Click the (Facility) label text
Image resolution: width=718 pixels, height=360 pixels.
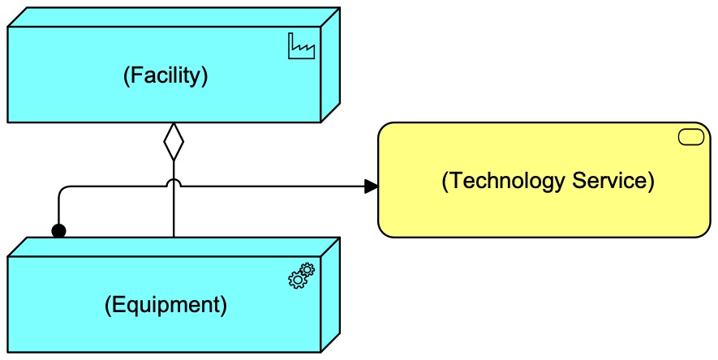click(166, 75)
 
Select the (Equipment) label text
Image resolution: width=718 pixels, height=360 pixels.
click(166, 305)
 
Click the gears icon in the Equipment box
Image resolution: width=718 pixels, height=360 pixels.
click(301, 276)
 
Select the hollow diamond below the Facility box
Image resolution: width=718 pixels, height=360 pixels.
click(174, 143)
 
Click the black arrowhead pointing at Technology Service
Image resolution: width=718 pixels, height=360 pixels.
click(371, 186)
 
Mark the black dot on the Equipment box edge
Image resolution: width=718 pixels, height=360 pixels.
click(58, 232)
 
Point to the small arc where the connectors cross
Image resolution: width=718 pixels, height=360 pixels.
click(174, 182)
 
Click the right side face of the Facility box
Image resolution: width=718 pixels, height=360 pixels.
click(329, 65)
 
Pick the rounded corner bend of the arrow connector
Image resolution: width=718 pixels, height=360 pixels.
click(63, 191)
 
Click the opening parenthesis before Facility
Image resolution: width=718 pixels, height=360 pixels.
click(127, 75)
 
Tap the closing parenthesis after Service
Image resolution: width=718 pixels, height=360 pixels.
click(650, 181)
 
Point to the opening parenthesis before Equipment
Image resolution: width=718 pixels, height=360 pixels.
click(109, 305)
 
